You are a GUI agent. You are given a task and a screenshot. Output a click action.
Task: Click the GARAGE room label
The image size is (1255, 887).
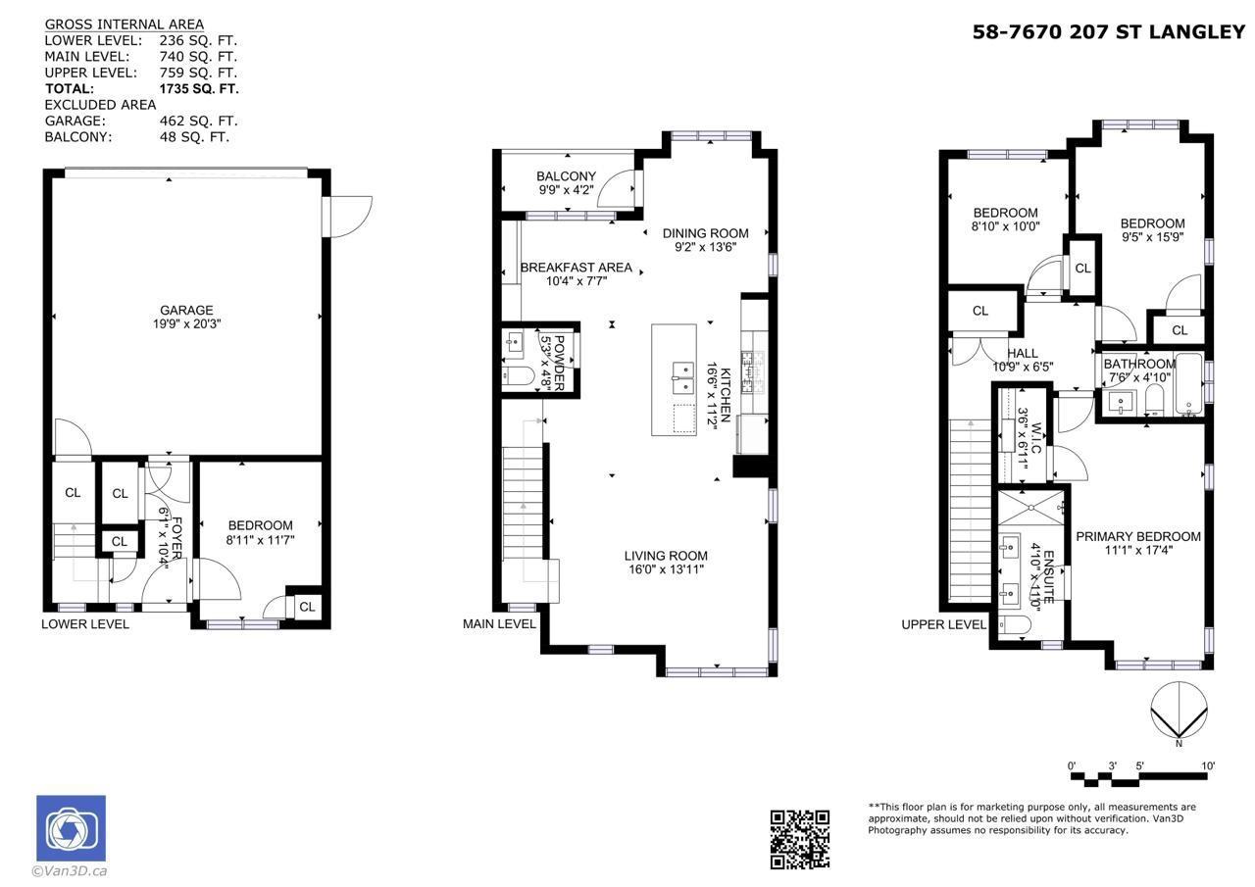click(186, 311)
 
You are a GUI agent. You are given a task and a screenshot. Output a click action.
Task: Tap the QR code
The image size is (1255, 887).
click(799, 839)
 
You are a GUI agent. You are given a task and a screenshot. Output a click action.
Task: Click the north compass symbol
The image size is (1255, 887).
click(1178, 713)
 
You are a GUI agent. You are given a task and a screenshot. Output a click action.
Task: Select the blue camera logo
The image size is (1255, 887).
click(71, 828)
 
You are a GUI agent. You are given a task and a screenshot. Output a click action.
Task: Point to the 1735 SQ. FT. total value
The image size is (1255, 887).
click(199, 88)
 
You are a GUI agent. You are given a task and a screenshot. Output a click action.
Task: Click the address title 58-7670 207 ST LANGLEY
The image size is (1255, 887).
click(1108, 32)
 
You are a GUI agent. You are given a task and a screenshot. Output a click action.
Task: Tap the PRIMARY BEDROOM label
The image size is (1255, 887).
click(1137, 536)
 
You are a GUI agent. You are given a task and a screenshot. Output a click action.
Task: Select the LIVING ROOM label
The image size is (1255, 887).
click(666, 556)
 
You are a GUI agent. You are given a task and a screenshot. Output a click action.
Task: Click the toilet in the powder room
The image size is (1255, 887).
click(518, 375)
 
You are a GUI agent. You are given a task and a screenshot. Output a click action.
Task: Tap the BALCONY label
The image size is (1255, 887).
click(566, 176)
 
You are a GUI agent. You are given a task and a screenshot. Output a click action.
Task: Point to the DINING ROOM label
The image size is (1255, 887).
click(705, 233)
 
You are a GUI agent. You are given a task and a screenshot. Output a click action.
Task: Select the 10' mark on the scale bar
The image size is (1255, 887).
click(1207, 765)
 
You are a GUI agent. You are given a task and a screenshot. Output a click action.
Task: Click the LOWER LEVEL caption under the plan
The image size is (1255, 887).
click(85, 624)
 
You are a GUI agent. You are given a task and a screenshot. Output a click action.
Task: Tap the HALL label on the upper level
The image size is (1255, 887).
click(1022, 354)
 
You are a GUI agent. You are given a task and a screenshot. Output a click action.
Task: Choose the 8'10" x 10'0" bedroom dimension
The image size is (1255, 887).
click(1005, 226)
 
